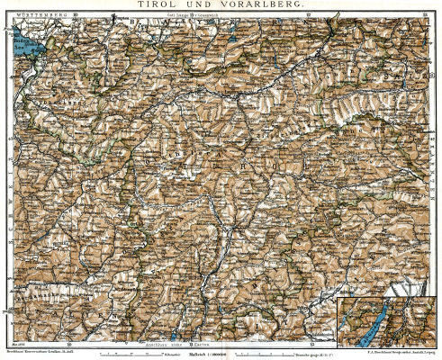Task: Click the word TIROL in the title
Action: tap(154, 4)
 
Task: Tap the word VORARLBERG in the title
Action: tap(262, 4)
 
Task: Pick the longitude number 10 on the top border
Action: tap(77, 14)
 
